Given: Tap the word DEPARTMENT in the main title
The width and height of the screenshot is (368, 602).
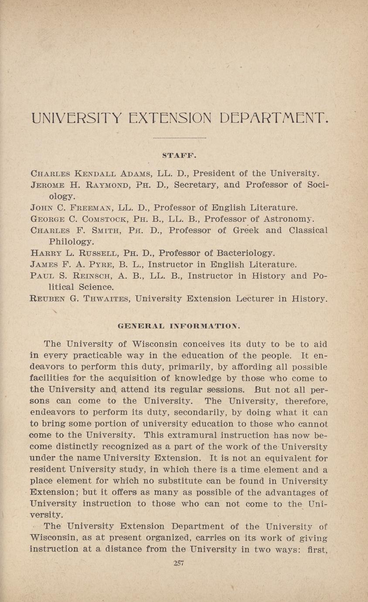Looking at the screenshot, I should [x=273, y=118].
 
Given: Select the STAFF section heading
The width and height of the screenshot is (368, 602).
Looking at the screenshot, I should [x=180, y=155].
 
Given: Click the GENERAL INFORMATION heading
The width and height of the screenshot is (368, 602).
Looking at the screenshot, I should [x=179, y=325].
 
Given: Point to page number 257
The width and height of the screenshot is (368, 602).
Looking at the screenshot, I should [x=179, y=563].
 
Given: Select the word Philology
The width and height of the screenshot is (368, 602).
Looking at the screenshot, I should [x=71, y=241].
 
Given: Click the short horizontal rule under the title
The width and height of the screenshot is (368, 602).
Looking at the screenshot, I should [x=180, y=138].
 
